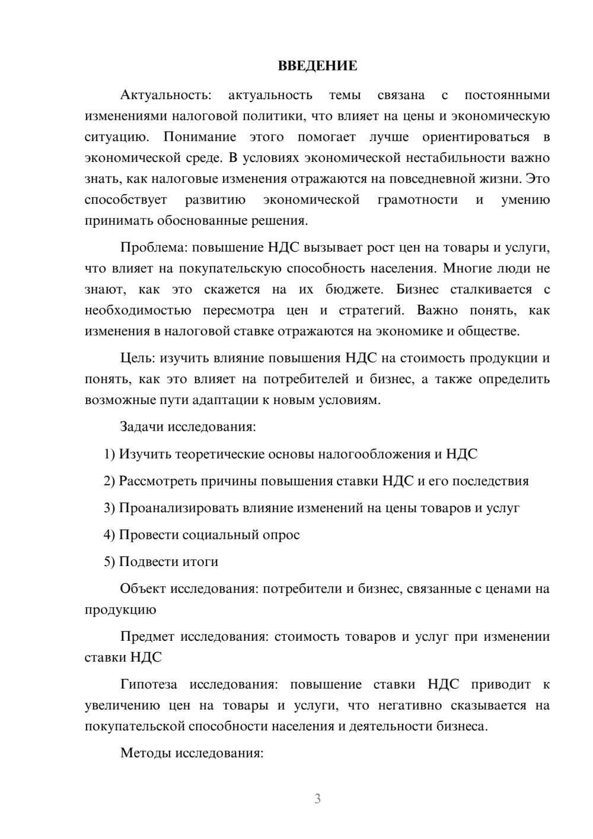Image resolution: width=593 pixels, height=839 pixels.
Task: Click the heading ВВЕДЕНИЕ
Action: click(318, 66)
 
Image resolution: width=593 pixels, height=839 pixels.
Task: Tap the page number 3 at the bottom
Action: click(318, 799)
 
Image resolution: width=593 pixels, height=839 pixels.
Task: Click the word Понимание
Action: click(200, 137)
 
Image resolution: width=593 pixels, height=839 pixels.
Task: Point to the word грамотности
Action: click(417, 199)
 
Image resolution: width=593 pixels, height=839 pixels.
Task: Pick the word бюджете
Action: click(354, 290)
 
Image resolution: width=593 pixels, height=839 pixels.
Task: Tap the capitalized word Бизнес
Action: click(418, 290)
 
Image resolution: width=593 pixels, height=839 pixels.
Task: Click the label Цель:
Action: click(138, 358)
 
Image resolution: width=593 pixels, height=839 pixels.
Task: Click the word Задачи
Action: click(142, 427)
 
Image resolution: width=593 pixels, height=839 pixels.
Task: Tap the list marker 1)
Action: click(110, 454)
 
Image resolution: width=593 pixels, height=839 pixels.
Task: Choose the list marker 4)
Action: click(110, 535)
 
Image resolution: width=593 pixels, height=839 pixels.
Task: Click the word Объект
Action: click(144, 589)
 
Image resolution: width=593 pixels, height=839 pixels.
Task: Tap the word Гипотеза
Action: click(149, 684)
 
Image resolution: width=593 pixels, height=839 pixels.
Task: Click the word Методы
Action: click(144, 753)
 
